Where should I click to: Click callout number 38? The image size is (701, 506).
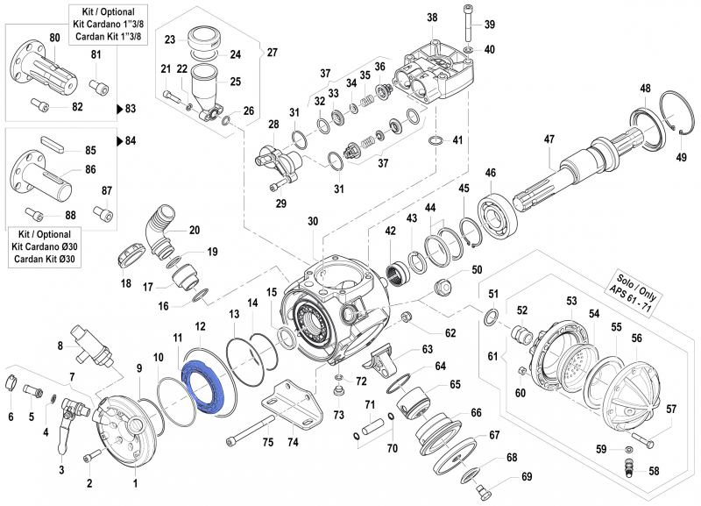(432, 18)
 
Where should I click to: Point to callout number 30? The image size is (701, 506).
(313, 222)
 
